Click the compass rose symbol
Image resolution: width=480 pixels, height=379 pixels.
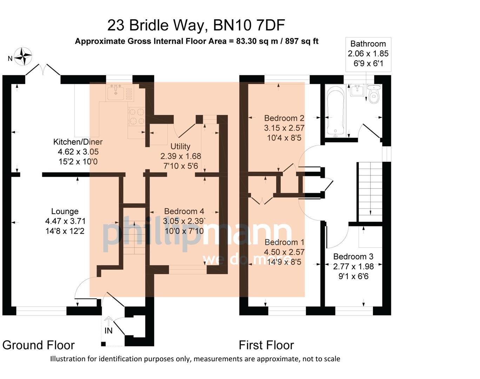click(x=23, y=56)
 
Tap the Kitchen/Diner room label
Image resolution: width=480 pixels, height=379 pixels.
click(x=78, y=142)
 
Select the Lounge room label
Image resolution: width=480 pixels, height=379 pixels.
click(x=65, y=211)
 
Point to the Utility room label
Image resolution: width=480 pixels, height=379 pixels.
click(x=180, y=146)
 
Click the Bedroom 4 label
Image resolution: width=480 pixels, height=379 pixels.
click(x=184, y=211)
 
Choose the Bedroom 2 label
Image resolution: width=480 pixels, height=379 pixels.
click(x=284, y=118)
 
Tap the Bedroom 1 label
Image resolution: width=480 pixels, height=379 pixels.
click(x=284, y=242)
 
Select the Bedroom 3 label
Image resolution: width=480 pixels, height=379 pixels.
click(x=353, y=257)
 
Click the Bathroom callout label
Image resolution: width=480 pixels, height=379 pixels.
click(x=368, y=44)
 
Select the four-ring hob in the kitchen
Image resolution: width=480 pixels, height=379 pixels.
click(x=136, y=116)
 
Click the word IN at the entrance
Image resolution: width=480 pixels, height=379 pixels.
click(x=108, y=331)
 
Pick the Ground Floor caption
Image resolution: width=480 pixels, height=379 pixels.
click(x=38, y=345)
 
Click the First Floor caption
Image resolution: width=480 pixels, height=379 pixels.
click(x=266, y=345)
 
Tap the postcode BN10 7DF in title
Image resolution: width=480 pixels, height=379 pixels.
click(x=249, y=25)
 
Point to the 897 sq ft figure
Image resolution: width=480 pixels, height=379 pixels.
click(x=301, y=41)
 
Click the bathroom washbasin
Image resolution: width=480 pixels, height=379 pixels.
click(x=357, y=90)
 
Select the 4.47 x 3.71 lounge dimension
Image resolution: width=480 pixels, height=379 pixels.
click(x=65, y=221)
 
